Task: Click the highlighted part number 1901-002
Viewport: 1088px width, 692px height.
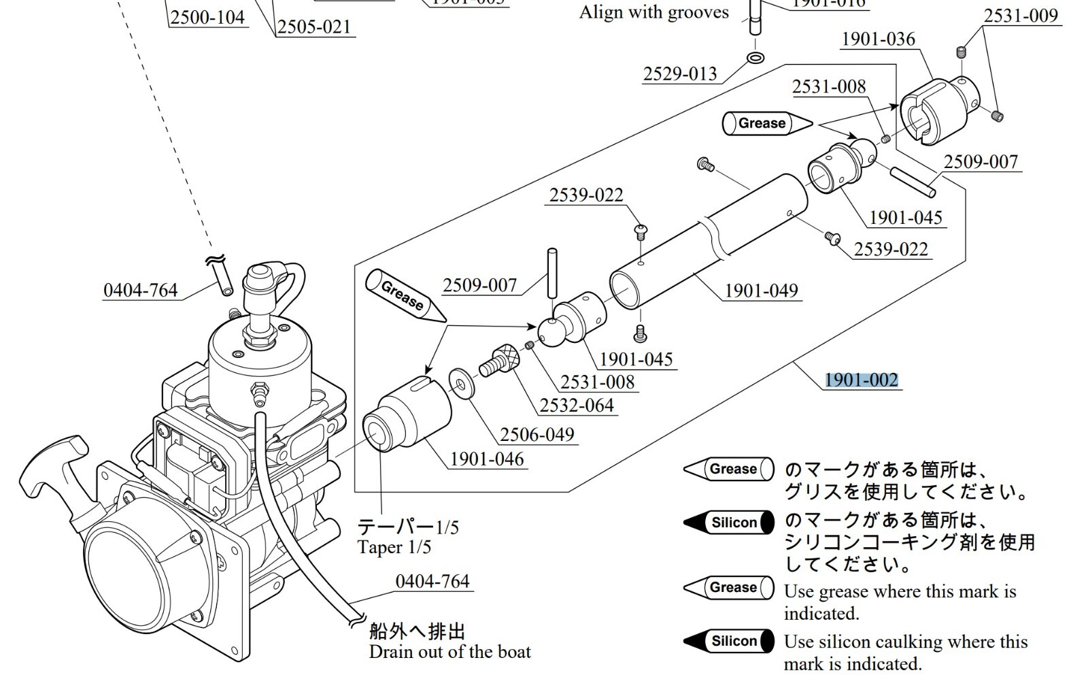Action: [x=861, y=380]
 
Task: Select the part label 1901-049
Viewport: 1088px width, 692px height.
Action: [x=761, y=291]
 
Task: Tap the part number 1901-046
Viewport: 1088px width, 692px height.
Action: [x=487, y=459]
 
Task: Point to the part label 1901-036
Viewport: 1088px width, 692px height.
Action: [x=878, y=39]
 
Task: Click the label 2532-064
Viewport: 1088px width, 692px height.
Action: [x=577, y=406]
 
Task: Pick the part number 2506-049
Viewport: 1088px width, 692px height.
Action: [x=537, y=434]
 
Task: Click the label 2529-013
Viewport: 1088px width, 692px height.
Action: [x=680, y=73]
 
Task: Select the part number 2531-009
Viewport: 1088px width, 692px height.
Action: [x=1021, y=16]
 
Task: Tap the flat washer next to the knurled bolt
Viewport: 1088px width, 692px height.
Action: [x=462, y=382]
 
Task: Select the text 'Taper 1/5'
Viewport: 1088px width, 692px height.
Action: [x=394, y=547]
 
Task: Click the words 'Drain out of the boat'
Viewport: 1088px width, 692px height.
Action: [x=449, y=652]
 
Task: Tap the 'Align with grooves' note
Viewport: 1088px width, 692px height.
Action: [x=653, y=12]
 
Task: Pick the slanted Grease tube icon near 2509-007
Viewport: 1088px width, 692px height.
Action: [x=405, y=295]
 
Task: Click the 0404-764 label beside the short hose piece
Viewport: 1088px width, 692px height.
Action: [x=140, y=291]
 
